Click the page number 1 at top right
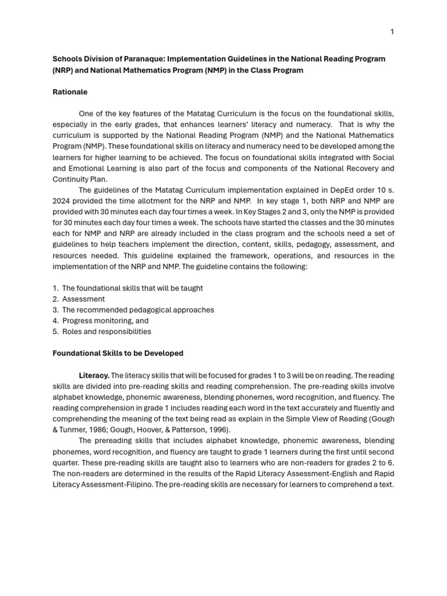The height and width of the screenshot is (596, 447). (x=392, y=31)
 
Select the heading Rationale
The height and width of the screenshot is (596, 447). (x=70, y=92)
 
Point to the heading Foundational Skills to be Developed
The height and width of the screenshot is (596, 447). (x=118, y=353)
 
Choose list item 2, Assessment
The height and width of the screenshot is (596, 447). (x=83, y=299)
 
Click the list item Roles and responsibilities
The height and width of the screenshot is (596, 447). (x=107, y=332)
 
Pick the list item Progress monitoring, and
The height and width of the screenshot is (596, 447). (x=105, y=321)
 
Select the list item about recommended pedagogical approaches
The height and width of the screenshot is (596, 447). (x=138, y=310)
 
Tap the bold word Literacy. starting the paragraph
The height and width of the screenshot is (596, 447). (x=94, y=375)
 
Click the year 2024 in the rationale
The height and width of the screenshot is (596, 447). (x=62, y=201)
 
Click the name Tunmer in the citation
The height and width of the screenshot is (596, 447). (x=75, y=430)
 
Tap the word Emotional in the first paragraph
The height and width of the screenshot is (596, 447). (x=78, y=168)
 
